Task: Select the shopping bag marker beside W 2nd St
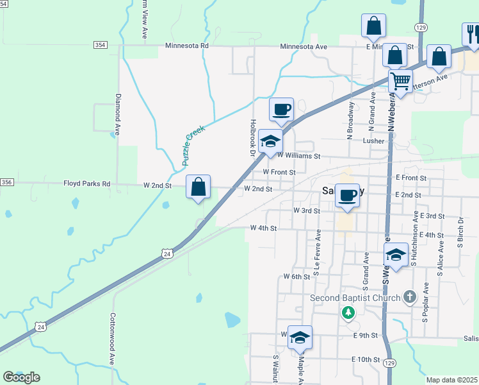coord(199,187)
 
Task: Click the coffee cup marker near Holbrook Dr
coord(281,110)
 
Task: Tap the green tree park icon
coord(348,312)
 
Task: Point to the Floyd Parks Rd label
coord(87,184)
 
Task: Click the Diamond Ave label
coord(118,114)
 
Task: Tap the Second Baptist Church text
coord(355,298)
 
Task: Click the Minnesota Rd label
coord(187,46)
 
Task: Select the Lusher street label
coord(373,141)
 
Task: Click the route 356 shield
coord(6,183)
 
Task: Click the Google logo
coord(21,377)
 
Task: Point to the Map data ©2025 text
coord(452,380)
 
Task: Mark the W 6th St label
coord(296,277)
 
